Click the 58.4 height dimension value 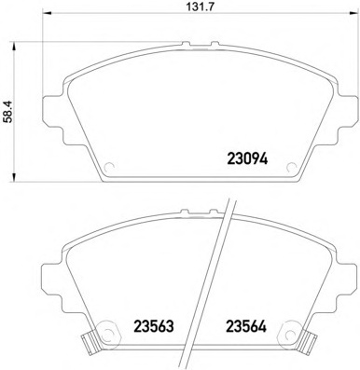(7, 112)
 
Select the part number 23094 (247, 158)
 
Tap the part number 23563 (153, 326)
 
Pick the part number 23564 (246, 326)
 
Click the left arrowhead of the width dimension (46, 13)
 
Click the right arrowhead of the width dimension (353, 13)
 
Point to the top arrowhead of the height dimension (13, 47)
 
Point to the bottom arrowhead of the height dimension (13, 176)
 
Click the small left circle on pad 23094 (109, 168)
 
